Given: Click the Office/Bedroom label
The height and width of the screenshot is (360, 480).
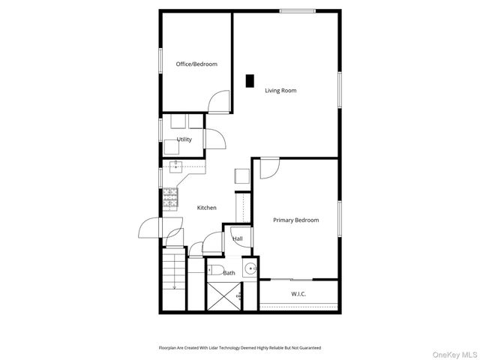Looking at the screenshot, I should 196,64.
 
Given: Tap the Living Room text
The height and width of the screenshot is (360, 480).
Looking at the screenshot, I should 280,91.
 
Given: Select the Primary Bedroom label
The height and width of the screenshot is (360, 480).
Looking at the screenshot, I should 295,220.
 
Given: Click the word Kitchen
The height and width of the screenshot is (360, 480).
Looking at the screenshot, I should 207,208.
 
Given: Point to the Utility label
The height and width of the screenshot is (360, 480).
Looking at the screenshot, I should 184,139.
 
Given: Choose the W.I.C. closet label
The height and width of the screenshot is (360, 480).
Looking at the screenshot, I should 298,294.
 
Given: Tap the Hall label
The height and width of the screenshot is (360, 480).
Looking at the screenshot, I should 238,239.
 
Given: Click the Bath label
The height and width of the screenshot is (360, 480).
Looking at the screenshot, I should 229,273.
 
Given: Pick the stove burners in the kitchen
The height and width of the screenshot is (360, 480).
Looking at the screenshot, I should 171,198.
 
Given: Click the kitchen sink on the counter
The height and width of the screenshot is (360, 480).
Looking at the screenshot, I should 177,167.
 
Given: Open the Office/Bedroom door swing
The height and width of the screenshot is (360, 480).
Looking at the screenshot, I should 219,102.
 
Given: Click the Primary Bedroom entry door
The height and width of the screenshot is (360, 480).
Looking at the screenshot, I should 268,169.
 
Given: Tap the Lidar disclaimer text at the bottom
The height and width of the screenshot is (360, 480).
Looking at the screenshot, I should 239,348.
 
